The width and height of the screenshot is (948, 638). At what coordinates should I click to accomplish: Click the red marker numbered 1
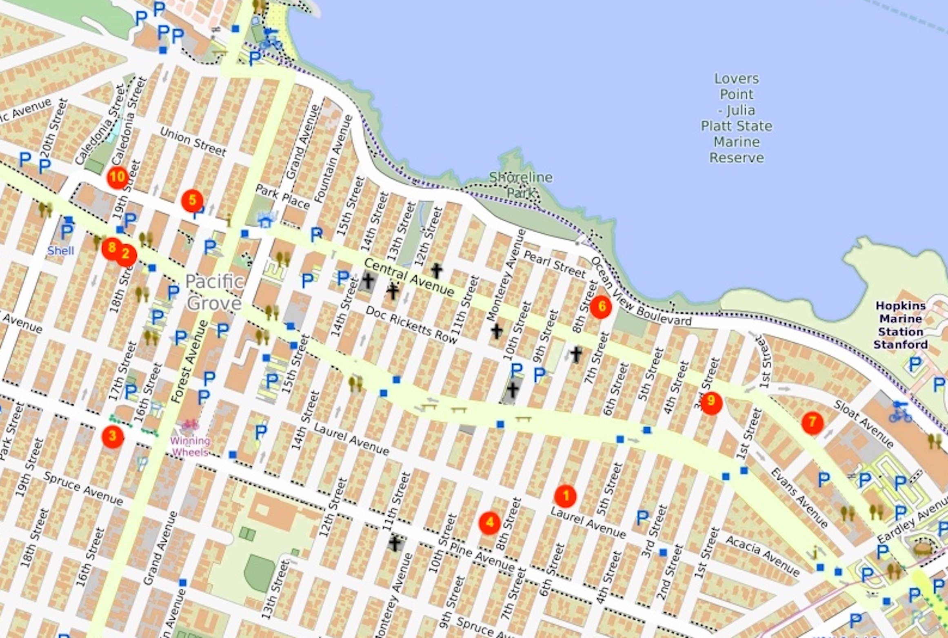[565, 496]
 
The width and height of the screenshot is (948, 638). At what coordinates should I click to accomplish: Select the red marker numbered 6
[601, 307]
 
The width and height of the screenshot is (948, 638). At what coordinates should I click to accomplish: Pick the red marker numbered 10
[117, 177]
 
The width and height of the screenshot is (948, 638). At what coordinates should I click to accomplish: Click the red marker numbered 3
[113, 436]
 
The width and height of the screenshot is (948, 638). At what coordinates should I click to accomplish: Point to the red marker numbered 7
[812, 423]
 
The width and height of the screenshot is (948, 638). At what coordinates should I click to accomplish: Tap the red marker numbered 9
[711, 403]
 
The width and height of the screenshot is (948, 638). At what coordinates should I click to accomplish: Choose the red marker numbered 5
[192, 201]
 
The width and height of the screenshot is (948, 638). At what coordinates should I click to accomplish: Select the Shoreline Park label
[521, 185]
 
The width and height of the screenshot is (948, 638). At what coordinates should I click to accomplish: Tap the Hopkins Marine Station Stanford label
[901, 325]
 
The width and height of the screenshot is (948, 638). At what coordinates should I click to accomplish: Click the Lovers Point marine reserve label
[737, 118]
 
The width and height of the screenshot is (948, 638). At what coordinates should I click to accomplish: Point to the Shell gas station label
[61, 250]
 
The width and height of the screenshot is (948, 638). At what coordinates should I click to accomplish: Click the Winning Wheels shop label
[191, 446]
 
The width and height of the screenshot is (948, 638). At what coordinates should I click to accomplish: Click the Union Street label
[193, 142]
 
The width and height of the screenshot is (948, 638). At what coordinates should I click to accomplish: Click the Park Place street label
[283, 197]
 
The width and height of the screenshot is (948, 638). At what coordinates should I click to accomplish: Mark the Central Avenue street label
[409, 277]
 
